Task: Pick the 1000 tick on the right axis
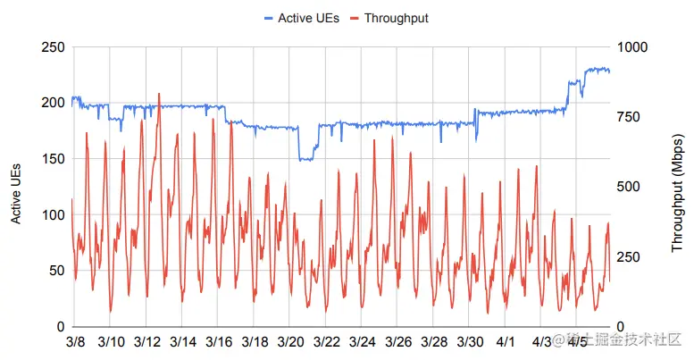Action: [x=633, y=46]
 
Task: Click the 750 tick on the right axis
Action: [x=630, y=117]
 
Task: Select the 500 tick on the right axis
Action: [x=630, y=187]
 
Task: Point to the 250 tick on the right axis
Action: [x=630, y=257]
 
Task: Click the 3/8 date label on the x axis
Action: [x=75, y=342]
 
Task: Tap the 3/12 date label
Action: [x=146, y=342]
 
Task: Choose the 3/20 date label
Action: [x=290, y=342]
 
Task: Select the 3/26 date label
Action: [x=397, y=342]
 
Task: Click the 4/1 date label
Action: [x=506, y=342]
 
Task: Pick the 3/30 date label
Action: [x=470, y=342]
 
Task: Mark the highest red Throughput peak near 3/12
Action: [x=159, y=93]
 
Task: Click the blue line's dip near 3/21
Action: [x=305, y=159]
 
